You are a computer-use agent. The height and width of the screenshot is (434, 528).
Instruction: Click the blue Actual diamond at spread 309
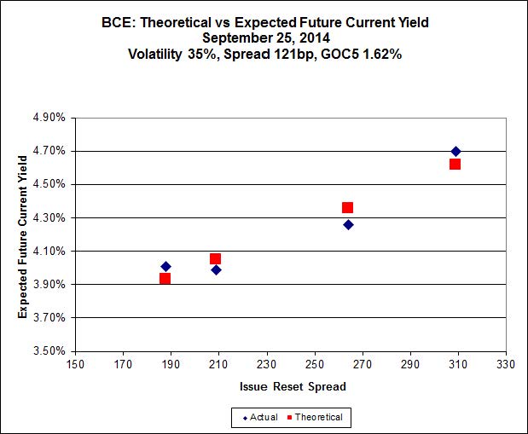point(455,152)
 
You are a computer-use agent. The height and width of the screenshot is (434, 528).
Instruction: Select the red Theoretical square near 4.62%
point(455,164)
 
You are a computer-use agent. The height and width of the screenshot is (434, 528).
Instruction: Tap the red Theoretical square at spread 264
point(347,207)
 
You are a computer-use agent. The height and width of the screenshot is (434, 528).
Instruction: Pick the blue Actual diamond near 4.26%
point(348,224)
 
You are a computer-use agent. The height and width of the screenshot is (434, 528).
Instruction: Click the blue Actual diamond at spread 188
point(165,267)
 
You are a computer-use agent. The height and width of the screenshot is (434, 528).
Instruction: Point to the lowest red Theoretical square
point(165,278)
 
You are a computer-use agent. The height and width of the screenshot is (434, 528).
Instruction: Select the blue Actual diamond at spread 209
point(216,269)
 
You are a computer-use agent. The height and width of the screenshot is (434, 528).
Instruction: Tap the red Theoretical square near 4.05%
point(215,258)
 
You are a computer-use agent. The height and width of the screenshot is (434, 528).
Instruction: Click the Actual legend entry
point(260,417)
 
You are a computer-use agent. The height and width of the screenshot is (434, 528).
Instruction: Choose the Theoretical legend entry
point(320,417)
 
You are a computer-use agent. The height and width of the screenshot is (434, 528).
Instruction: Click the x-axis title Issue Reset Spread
point(292,386)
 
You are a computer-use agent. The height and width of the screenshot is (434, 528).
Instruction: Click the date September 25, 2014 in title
point(264,38)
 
